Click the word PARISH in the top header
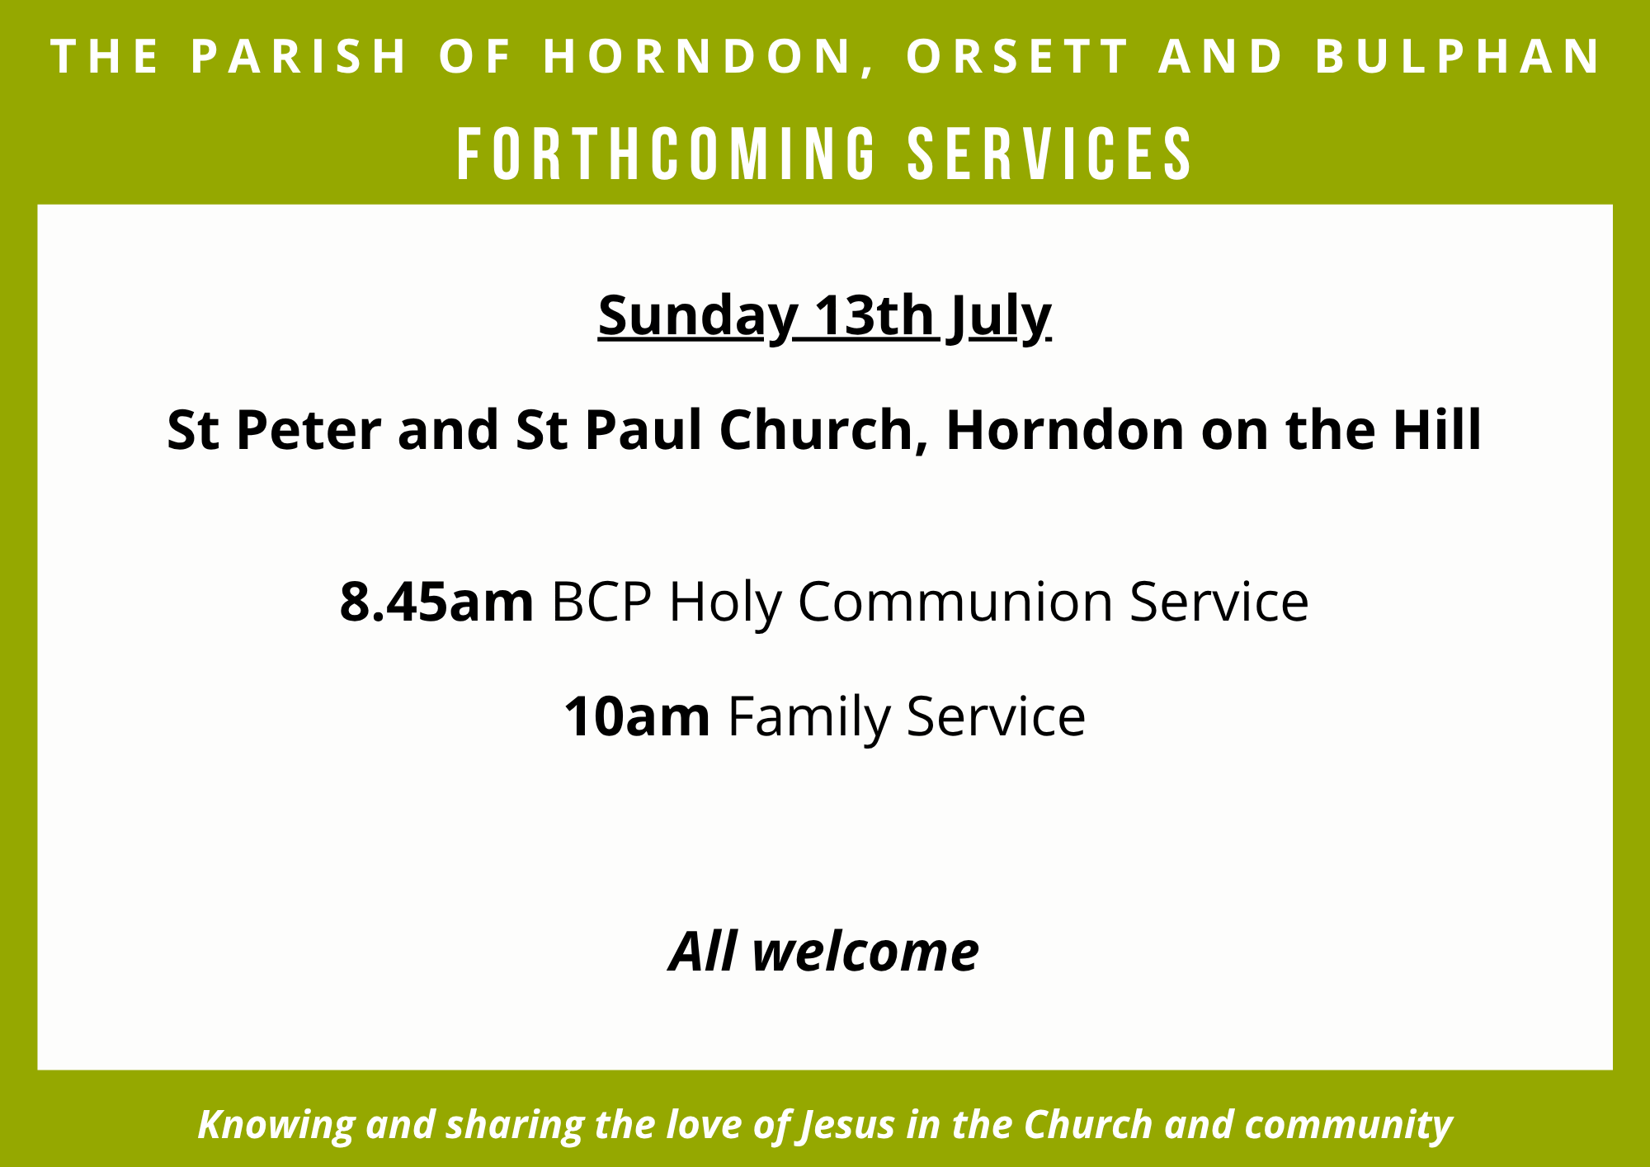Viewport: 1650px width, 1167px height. click(x=299, y=56)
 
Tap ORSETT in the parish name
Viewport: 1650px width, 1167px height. click(x=1017, y=56)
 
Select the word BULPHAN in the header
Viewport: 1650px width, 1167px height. click(x=1458, y=56)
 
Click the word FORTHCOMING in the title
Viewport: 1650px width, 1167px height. click(x=667, y=154)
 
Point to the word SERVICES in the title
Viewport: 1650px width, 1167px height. click(x=1050, y=154)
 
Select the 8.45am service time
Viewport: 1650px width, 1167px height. click(x=436, y=601)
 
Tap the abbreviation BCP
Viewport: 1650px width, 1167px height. click(x=601, y=601)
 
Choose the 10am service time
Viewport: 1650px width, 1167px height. click(x=636, y=716)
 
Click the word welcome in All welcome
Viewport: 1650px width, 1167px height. click(x=865, y=952)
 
